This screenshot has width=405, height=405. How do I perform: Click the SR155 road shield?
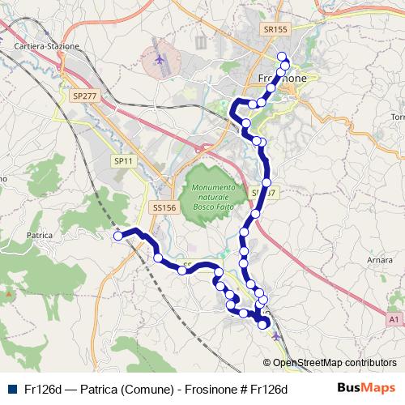(x=275, y=28)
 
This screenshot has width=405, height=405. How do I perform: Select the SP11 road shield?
(x=123, y=162)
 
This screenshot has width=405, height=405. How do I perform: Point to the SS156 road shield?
(x=164, y=208)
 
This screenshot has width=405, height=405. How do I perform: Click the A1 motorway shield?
(x=393, y=320)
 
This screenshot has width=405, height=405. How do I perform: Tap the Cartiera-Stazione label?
(x=47, y=46)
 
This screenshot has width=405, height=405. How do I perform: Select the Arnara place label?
(x=379, y=260)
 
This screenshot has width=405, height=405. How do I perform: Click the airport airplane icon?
(x=160, y=59)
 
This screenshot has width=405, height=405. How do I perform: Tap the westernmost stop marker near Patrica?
(x=118, y=236)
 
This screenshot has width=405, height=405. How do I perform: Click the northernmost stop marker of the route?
(x=282, y=56)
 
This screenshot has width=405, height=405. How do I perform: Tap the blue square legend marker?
(x=11, y=389)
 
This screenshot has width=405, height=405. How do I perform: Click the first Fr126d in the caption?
(x=42, y=389)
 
